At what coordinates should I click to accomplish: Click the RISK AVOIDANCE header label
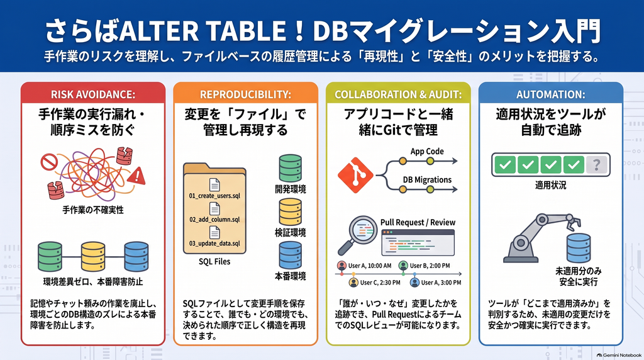tap(93, 94)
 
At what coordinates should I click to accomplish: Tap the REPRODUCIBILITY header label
tap(245, 94)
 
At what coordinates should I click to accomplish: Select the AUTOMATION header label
tap(550, 94)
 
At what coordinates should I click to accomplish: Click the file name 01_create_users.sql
tap(214, 196)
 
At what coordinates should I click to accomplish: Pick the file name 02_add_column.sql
tap(214, 220)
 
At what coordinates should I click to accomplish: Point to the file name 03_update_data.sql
tap(214, 244)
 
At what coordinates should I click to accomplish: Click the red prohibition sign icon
tap(48, 162)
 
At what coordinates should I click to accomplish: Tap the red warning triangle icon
tap(136, 175)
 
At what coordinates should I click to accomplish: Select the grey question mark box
tap(596, 165)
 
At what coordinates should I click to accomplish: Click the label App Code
tap(427, 151)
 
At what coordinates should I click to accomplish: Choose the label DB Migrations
tap(427, 179)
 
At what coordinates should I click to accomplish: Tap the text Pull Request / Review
tap(418, 222)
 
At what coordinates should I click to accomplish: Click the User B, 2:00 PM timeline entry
tap(425, 266)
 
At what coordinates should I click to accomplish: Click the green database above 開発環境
tap(290, 168)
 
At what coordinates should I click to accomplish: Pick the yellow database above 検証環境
tap(290, 211)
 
